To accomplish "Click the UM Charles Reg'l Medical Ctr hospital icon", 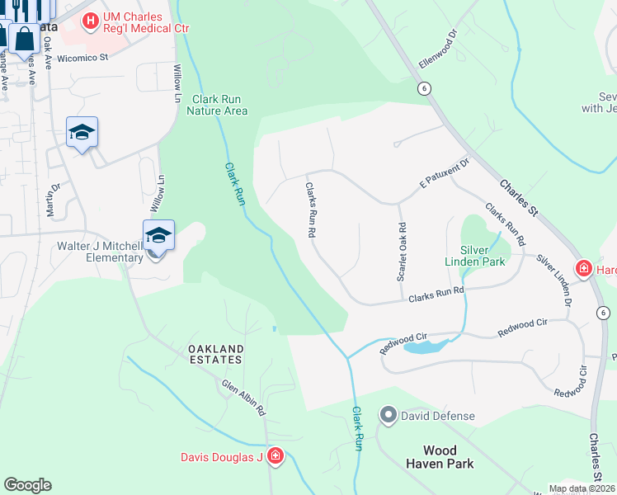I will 92,19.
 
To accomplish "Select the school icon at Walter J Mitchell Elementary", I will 158,237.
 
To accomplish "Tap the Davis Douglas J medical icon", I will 275,456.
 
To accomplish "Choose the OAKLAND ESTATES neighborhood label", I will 214,354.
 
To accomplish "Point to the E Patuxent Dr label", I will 444,173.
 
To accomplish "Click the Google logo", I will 27,485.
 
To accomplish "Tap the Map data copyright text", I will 582,488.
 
